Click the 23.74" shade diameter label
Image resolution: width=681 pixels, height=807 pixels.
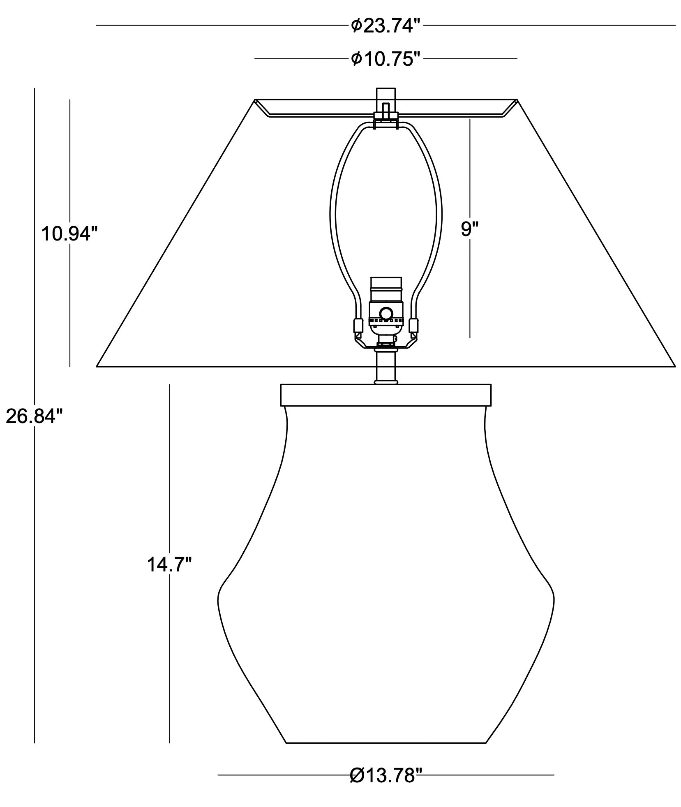pyautogui.click(x=386, y=26)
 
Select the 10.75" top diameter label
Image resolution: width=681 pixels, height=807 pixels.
pyautogui.click(x=386, y=59)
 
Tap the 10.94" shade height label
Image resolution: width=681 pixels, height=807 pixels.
pyautogui.click(x=69, y=234)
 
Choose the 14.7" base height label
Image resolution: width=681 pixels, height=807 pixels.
pyautogui.click(x=169, y=564)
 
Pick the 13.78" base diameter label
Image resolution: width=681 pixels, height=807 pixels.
pyautogui.click(x=386, y=775)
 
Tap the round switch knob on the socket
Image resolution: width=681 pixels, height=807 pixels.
pyautogui.click(x=386, y=314)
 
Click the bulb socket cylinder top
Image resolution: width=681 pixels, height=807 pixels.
pyautogui.click(x=386, y=284)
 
